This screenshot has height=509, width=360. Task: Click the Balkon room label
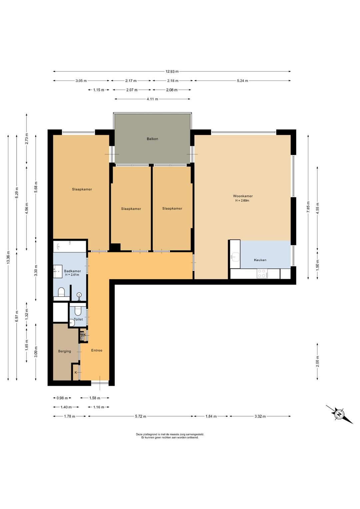[152, 139]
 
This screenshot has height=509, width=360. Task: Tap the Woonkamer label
[243, 196]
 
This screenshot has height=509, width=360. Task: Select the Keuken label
[260, 260]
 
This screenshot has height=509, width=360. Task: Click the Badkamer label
[72, 271]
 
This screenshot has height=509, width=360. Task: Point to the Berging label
[65, 351]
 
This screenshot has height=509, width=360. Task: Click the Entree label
[97, 350]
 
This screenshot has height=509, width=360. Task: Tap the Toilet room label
[78, 319]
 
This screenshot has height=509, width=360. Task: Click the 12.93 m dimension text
[172, 71]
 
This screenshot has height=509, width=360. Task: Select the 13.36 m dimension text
[8, 258]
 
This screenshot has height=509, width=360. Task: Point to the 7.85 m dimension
[308, 207]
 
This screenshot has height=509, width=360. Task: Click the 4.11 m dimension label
[152, 99]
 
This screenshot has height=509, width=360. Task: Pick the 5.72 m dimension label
[141, 416]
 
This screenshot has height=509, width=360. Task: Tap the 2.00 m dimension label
[317, 361]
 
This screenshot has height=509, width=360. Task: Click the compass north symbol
[339, 414]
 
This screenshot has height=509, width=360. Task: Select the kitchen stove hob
[262, 274]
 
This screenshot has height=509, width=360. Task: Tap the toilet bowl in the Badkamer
[61, 292]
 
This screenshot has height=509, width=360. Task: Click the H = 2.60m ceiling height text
[242, 200]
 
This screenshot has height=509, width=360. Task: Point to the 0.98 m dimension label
[62, 398]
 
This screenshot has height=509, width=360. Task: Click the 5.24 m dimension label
[242, 80]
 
